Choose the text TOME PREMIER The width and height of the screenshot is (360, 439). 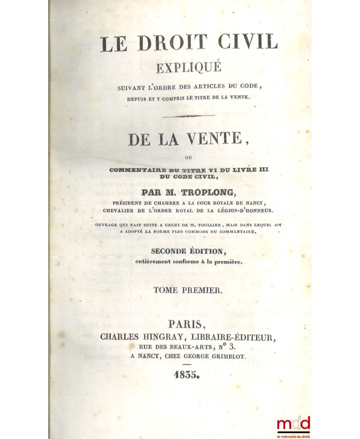tap(188, 291)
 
